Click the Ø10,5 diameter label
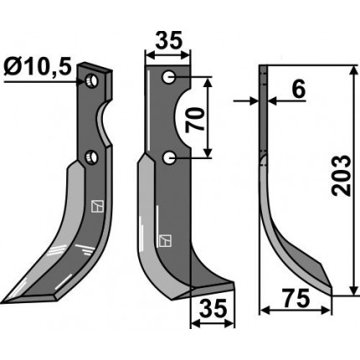point(38,67)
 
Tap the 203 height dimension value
point(341,176)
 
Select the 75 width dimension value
point(296,298)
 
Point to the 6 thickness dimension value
point(298,90)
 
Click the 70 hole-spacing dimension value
point(195,121)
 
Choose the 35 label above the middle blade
point(169,40)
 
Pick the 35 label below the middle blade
point(212,309)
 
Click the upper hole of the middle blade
point(169,77)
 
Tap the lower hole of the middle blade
point(169,158)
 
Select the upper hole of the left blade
point(91,81)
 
